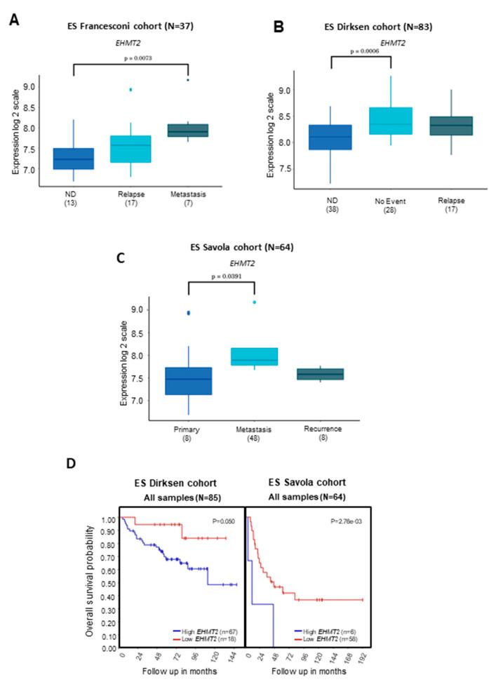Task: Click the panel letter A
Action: click(x=13, y=22)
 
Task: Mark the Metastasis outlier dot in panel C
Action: click(x=254, y=302)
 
